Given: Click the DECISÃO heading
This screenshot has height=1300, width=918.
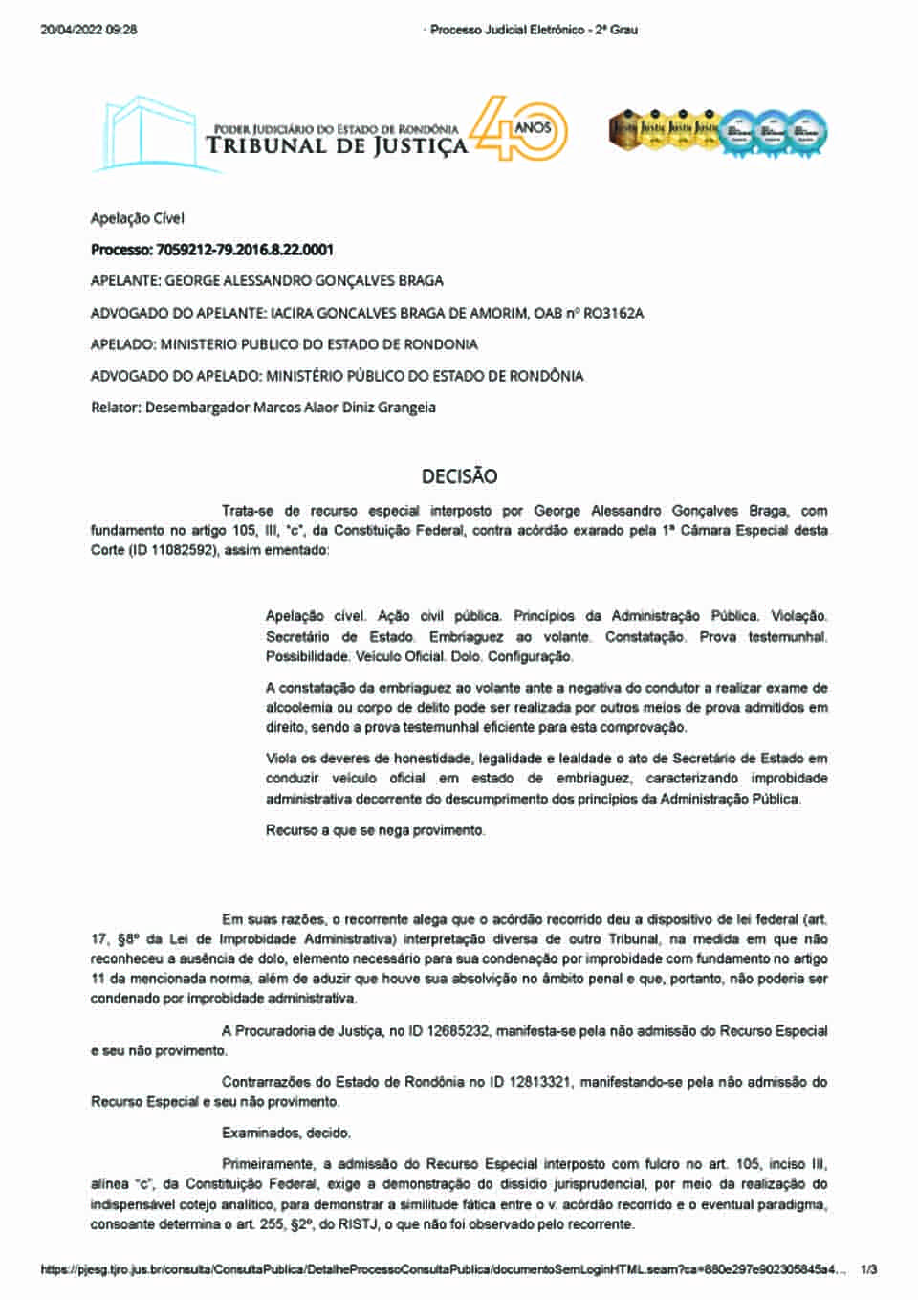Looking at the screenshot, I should (x=459, y=475).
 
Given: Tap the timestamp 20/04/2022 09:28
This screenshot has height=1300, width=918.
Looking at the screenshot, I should (x=89, y=30).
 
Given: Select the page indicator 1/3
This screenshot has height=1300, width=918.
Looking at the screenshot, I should (x=868, y=1269).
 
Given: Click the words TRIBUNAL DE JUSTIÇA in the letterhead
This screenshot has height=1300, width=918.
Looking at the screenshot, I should (x=337, y=146).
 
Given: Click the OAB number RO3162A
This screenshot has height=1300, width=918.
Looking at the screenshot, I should (x=613, y=313).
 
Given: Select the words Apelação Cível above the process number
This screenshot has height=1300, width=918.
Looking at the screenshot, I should (x=137, y=218).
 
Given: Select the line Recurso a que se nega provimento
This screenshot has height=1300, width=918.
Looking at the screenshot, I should (x=375, y=830).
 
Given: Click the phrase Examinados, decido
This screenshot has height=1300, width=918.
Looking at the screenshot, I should (x=286, y=1133).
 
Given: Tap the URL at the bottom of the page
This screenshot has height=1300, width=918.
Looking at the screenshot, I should (x=443, y=1269).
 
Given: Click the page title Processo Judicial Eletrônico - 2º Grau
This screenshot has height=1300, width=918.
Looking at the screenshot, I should (x=533, y=30).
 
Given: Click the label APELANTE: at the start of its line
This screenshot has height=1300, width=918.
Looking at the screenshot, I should (x=125, y=281).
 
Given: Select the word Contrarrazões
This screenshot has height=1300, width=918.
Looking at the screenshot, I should (x=265, y=1081).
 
